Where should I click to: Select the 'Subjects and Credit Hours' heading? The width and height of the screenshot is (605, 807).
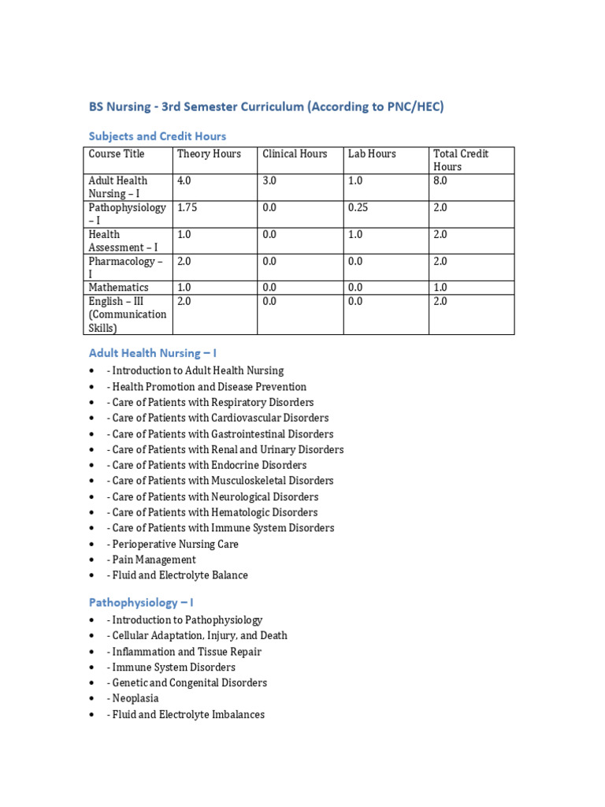tap(158, 136)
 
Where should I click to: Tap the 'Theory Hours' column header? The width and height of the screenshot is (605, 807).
tap(209, 154)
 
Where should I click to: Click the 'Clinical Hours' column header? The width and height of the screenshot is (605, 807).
tap(295, 154)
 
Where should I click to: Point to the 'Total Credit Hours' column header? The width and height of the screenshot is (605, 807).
tap(461, 160)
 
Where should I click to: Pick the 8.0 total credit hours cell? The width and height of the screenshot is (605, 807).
tap(440, 180)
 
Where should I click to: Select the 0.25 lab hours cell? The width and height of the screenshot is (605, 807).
tap(358, 207)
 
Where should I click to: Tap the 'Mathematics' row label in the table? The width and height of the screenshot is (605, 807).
tap(118, 288)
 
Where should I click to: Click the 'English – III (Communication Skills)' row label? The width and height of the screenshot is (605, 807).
tap(128, 314)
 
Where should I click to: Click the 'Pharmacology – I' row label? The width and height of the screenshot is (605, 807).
tap(126, 267)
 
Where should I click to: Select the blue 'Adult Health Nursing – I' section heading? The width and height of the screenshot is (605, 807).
tap(152, 354)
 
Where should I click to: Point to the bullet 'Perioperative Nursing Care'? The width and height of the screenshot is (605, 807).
tap(175, 544)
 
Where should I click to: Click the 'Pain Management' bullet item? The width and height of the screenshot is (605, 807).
tap(154, 560)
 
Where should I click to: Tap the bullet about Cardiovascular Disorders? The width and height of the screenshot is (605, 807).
tap(221, 418)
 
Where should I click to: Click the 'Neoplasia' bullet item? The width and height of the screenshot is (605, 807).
tap(135, 698)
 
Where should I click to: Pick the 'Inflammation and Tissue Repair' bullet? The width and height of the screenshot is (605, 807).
tap(187, 652)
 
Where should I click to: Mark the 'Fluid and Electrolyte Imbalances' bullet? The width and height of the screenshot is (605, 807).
tap(188, 714)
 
